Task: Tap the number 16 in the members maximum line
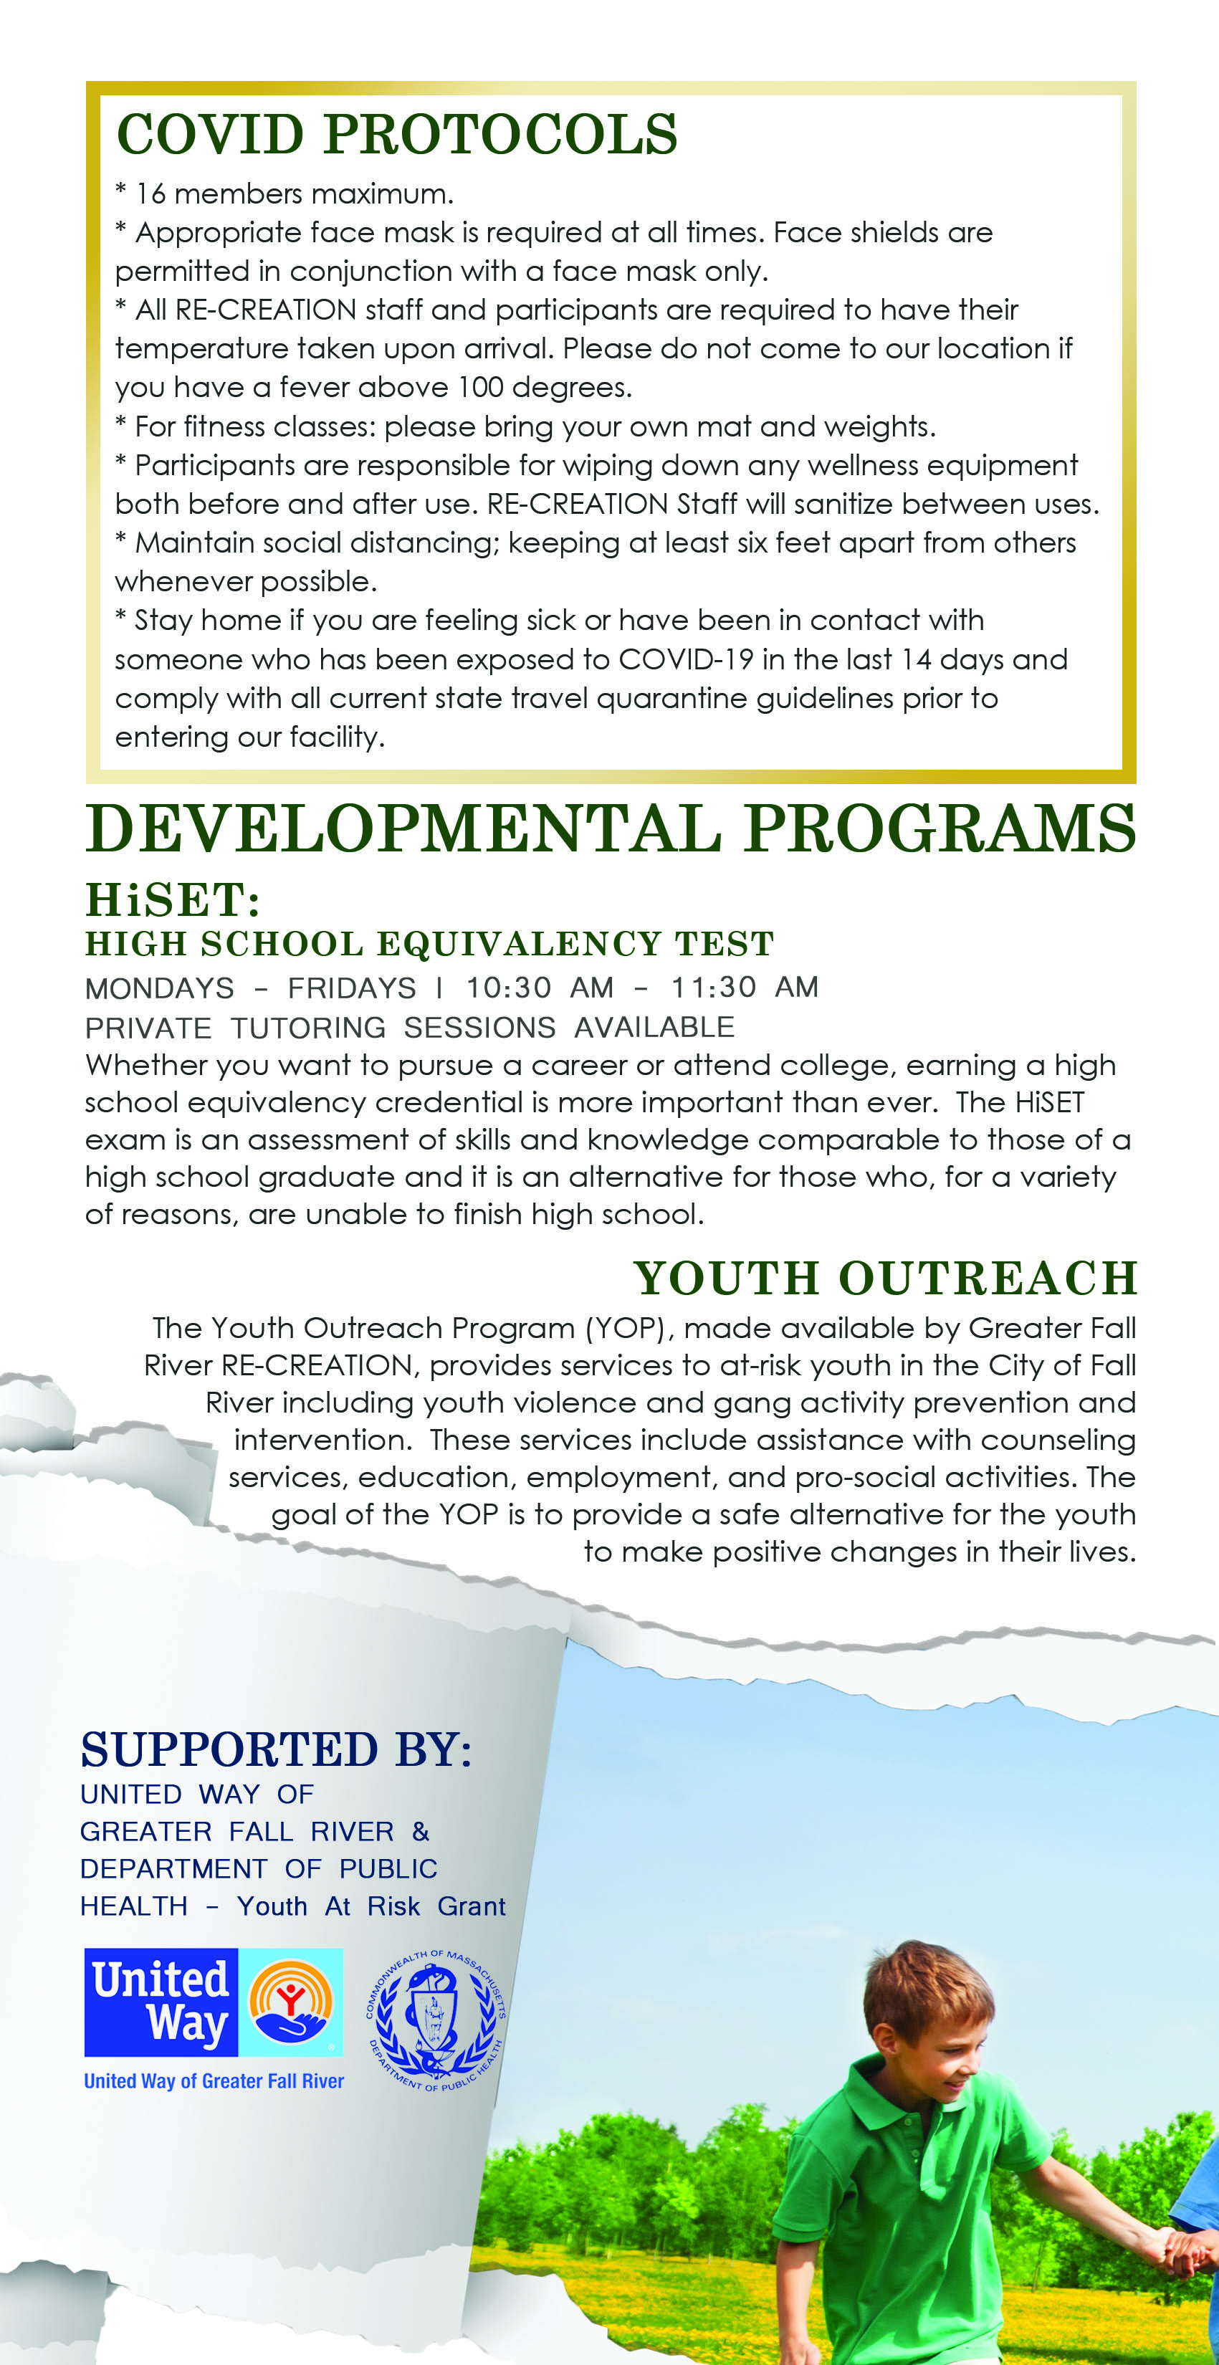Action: coord(150,193)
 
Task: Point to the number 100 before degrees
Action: coord(480,388)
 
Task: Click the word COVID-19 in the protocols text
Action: coord(686,659)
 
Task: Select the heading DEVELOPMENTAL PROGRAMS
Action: coord(611,829)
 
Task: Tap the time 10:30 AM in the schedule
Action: coord(540,987)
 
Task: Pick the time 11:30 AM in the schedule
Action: coord(745,987)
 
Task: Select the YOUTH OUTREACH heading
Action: coord(885,1278)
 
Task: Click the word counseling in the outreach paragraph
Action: coord(1058,1440)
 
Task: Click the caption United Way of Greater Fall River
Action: coord(214,2080)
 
